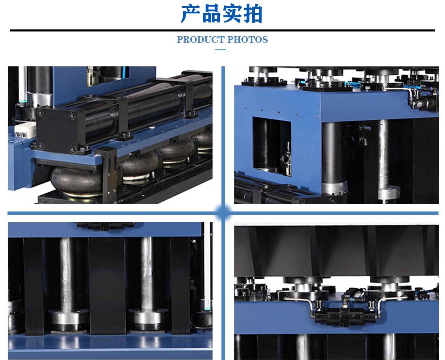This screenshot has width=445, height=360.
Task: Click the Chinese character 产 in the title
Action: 190,14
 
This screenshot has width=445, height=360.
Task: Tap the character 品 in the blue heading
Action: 211,14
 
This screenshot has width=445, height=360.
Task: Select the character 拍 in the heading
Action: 253,14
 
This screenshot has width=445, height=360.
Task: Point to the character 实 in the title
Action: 232,14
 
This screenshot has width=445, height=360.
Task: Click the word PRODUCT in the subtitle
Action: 201,40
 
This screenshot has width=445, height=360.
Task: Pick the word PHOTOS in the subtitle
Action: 248,40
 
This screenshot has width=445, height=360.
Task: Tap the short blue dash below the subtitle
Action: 220,50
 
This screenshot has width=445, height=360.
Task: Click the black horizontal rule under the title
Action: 222,30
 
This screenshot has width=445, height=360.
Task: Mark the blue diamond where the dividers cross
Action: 223,213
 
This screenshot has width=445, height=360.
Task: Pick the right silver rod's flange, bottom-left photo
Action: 149,319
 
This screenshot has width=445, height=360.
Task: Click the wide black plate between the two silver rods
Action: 107,286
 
